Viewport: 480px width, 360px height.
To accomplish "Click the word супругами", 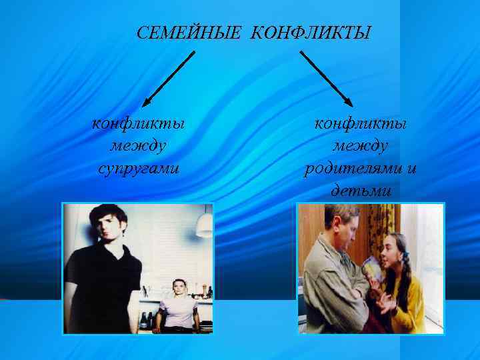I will coord(139,166).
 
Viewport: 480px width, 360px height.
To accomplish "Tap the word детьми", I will coord(360,190).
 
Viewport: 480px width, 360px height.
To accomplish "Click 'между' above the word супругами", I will coord(139,145).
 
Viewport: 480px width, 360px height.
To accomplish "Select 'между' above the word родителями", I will coord(360,145).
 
